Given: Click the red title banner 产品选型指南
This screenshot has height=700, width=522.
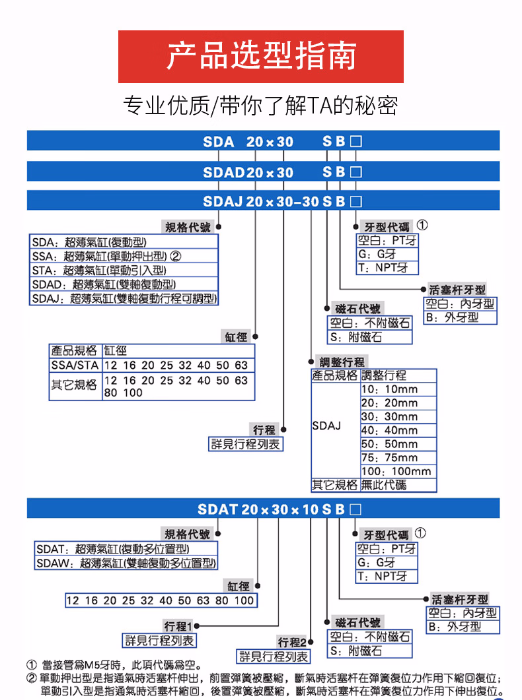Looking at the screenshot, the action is coord(260,56).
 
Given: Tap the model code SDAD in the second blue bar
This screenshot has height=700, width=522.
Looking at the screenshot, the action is coord(223,172).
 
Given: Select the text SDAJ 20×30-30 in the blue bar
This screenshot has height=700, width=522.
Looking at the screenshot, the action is coord(261,201).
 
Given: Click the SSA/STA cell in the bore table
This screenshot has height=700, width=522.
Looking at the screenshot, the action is coord(75,365).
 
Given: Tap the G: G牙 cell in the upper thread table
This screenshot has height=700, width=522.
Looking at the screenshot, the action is coord(387,254).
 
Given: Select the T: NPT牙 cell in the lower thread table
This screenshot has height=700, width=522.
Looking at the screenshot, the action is coord(387,577).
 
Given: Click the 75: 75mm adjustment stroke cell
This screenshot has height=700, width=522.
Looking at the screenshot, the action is coord(398,458).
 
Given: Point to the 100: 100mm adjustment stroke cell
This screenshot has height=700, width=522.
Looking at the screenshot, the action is coord(398,471).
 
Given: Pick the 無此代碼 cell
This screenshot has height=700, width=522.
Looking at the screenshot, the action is coord(398,485).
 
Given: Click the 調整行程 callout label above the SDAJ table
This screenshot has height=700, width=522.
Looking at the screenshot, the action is coord(342,362).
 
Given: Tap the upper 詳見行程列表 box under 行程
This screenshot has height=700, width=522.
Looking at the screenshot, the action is coord(246,444).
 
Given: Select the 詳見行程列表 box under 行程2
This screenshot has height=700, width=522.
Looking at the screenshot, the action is coord(274,656).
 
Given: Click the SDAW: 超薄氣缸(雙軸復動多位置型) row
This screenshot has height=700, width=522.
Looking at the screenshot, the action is coord(126,563).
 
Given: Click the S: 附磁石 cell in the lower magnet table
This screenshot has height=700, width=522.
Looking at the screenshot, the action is coord(370,651).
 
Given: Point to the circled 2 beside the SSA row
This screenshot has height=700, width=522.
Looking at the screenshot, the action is coord(176,256).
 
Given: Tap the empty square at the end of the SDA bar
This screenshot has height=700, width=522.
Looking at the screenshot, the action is coord(355,141).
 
